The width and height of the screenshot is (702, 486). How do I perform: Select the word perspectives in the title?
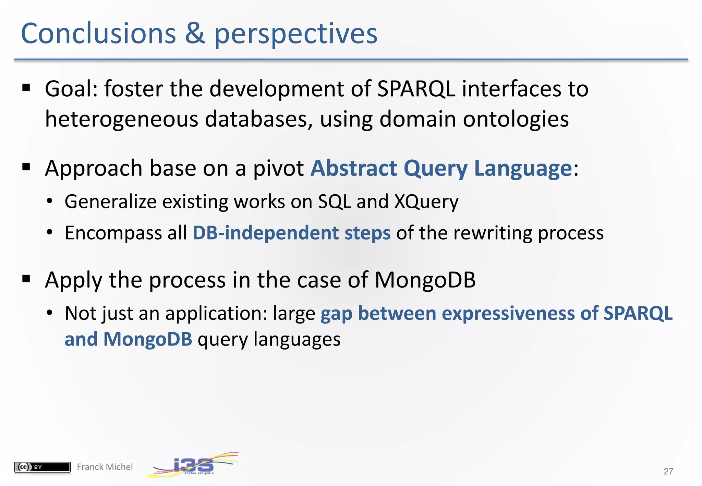[x=295, y=34]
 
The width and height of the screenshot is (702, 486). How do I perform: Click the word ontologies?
[x=516, y=119]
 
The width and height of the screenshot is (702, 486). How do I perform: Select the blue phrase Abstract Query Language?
[x=441, y=168]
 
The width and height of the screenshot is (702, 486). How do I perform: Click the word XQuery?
[x=426, y=202]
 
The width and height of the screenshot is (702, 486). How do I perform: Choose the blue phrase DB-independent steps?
[x=291, y=233]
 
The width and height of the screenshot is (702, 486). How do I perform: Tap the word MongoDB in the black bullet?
[x=425, y=280]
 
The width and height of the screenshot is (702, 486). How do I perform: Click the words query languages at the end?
[x=269, y=340]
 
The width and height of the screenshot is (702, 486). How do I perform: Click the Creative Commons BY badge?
[x=42, y=467]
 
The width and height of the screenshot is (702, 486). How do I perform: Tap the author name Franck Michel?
[x=105, y=467]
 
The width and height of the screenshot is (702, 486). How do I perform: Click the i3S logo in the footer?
[x=193, y=465]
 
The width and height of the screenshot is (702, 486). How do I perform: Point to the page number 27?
[x=668, y=471]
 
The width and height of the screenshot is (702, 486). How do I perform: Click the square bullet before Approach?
[x=26, y=168]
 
